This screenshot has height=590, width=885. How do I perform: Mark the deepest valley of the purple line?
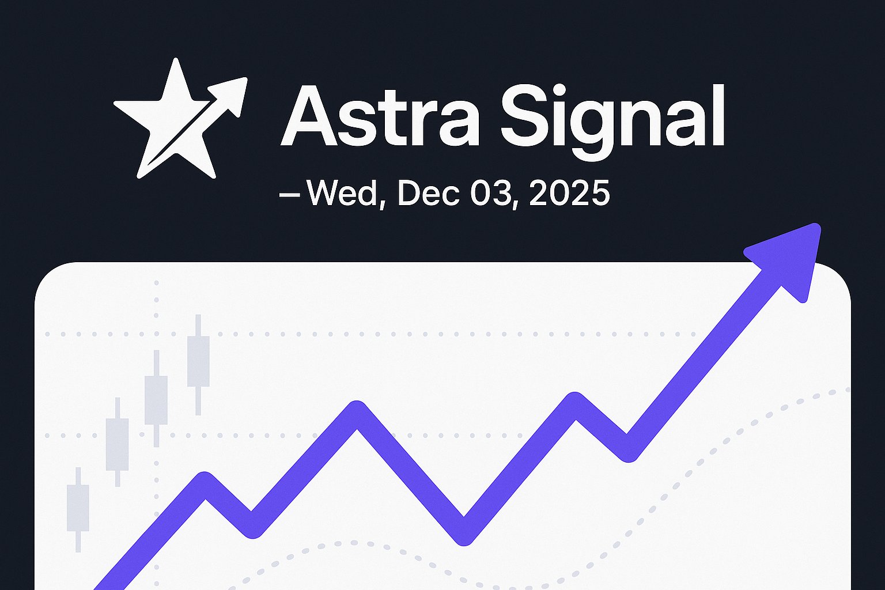464,533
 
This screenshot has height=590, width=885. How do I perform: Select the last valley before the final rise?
628,451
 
